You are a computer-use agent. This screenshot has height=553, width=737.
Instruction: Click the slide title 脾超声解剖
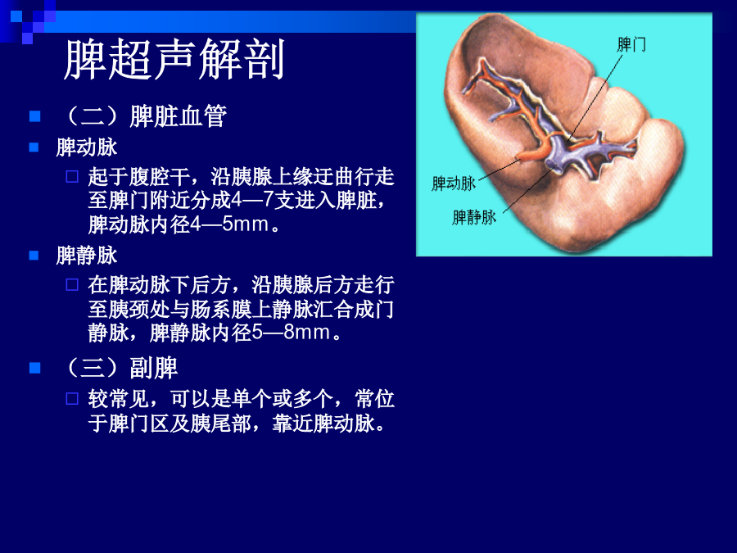(174, 59)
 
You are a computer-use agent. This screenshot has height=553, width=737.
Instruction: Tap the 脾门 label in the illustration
(631, 45)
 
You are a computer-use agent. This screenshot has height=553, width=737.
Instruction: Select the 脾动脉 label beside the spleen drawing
(454, 184)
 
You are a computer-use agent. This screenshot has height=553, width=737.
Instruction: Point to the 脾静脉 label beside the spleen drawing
(474, 217)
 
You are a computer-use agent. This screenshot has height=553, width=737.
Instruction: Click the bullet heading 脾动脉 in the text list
(87, 147)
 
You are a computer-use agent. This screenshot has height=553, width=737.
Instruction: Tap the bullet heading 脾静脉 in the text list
(87, 256)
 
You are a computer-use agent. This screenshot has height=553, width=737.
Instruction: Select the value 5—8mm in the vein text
(291, 333)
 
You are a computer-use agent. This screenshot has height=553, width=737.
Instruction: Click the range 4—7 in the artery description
(252, 201)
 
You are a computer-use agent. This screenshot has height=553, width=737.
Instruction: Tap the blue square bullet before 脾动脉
(34, 147)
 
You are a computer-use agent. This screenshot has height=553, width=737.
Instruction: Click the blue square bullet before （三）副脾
(34, 368)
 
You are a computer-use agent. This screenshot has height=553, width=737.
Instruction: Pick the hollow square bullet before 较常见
(72, 399)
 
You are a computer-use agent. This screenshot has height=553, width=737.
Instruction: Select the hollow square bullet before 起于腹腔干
(72, 177)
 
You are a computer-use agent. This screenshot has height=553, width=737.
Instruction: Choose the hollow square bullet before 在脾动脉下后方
(72, 285)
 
